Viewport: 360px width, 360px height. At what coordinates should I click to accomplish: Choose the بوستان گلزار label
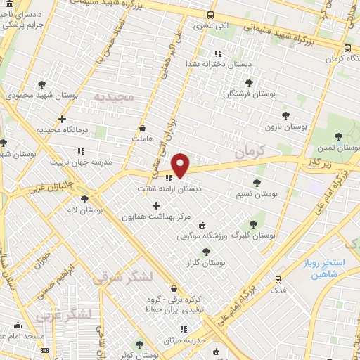(x=221, y=262)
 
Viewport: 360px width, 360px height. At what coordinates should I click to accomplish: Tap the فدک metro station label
(x=280, y=289)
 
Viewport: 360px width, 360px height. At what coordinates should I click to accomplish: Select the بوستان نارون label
(x=287, y=127)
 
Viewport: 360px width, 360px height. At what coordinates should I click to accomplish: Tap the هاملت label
(x=141, y=139)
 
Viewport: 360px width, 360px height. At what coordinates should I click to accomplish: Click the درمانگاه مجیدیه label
(x=65, y=130)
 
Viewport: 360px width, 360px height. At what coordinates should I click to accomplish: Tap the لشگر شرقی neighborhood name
(x=121, y=277)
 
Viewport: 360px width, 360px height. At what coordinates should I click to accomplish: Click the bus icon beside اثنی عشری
(x=211, y=15)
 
